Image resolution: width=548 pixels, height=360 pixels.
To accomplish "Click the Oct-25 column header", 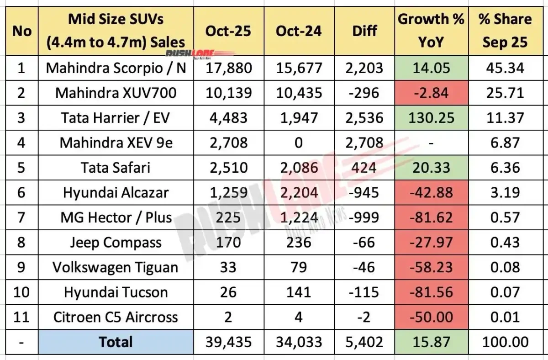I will click(228, 31).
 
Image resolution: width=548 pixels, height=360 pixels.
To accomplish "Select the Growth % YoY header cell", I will click(430, 31).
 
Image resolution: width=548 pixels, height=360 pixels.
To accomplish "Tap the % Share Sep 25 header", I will click(505, 31).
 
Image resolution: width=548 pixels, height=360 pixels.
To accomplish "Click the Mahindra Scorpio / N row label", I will click(116, 68).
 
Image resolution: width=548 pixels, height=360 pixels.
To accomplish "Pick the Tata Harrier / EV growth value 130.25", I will click(430, 118).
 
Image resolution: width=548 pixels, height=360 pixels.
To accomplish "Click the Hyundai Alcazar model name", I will click(116, 192).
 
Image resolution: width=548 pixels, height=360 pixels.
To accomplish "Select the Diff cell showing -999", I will click(365, 217).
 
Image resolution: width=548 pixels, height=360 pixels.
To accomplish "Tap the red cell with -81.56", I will click(430, 292).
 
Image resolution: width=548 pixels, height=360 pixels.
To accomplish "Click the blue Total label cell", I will click(116, 342).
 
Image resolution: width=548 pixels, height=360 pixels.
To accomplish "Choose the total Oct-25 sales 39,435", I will click(228, 342).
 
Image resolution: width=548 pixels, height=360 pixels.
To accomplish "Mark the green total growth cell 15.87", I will click(430, 342).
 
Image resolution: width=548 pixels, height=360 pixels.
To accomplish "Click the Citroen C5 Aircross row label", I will click(116, 317).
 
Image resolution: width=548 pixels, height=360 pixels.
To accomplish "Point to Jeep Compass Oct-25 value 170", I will click(228, 242).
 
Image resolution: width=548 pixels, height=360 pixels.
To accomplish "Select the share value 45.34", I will click(505, 68).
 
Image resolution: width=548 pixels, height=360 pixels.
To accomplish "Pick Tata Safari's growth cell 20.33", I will click(430, 168).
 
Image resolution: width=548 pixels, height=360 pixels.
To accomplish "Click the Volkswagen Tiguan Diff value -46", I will click(365, 267).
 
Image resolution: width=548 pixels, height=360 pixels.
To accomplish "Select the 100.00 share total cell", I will click(505, 342).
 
